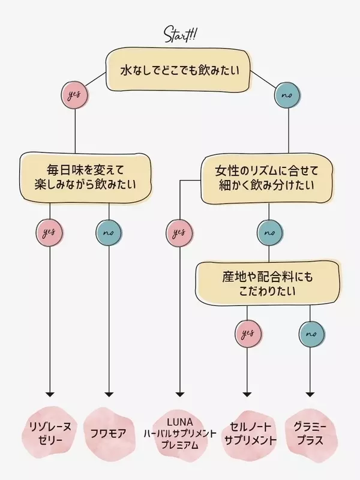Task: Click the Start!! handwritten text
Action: click(180, 34)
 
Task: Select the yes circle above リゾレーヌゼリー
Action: click(50, 232)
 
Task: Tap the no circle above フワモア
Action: click(109, 232)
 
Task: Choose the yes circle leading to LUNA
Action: click(179, 232)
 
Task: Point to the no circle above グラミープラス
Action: click(310, 334)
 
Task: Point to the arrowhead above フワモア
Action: click(109, 394)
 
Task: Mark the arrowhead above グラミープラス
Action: click(310, 394)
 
